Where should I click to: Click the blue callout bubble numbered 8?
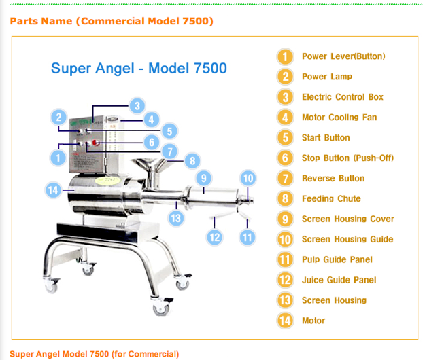pos(192,161)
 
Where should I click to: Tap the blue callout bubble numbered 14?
pos(53,190)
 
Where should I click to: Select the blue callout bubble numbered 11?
pos(248,237)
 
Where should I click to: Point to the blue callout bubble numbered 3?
pos(137,105)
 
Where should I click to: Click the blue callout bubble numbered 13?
pos(176,218)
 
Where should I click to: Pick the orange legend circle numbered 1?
pos(285,57)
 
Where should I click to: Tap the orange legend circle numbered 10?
pos(285,240)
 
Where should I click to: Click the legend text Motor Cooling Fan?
pos(339,118)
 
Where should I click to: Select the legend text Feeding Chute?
pos(331,198)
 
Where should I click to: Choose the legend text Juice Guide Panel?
pos(339,280)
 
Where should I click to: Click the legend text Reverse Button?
pos(333,179)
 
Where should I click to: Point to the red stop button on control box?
pos(95,143)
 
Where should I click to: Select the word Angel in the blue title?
pos(115,69)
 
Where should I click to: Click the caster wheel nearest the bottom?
pos(161,308)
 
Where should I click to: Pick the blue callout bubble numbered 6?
pos(152,142)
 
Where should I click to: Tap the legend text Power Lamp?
pos(327,77)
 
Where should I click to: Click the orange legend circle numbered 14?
pos(285,321)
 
